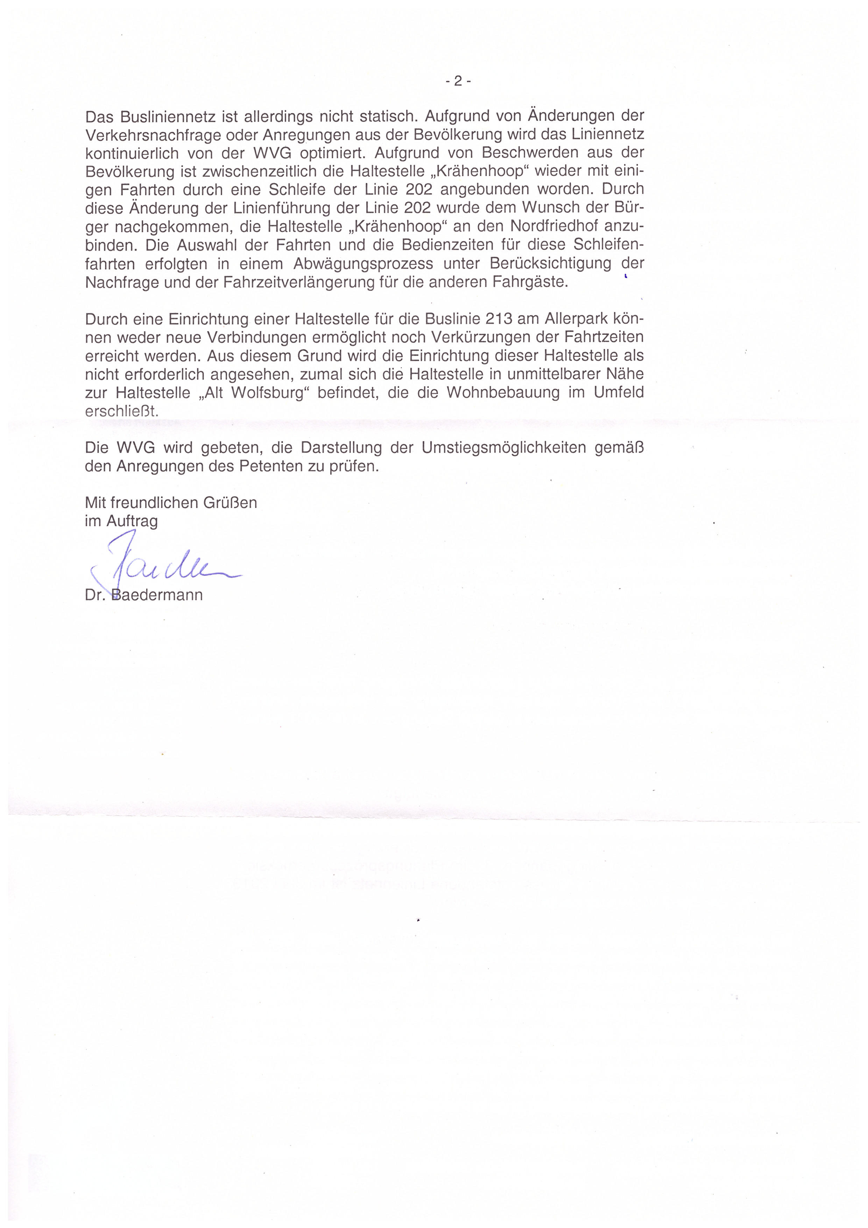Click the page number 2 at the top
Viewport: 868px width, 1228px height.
tap(458, 81)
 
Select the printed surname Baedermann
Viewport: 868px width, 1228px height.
tap(157, 595)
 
